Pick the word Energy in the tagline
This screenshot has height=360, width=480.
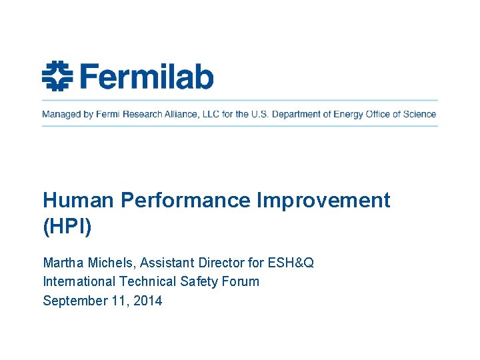point(347,114)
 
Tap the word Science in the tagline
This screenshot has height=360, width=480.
point(419,114)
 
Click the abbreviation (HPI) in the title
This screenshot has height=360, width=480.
point(67,227)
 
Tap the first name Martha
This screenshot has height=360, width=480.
point(63,263)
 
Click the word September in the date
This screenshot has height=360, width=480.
point(74,301)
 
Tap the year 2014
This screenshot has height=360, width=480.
point(147,301)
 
